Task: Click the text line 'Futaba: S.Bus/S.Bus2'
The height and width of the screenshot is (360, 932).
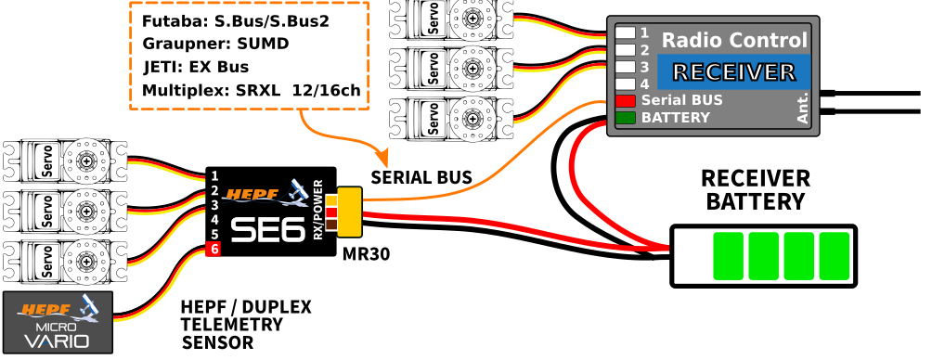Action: point(236,19)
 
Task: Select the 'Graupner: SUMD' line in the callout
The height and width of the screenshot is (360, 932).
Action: point(215,44)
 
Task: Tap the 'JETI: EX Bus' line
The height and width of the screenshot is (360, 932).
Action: point(195,67)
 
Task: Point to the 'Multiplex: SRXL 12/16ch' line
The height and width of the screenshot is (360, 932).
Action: point(251,91)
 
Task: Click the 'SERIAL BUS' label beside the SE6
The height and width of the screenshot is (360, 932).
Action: point(421,177)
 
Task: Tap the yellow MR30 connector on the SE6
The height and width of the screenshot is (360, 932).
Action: point(350,212)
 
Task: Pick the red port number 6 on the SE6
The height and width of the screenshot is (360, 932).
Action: point(214,250)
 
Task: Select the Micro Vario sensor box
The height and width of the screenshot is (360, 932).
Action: point(58,322)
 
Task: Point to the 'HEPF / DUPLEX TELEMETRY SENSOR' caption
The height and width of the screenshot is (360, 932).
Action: point(245,325)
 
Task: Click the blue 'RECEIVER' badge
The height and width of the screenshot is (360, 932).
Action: point(733,72)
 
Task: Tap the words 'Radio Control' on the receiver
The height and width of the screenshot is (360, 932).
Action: point(733,41)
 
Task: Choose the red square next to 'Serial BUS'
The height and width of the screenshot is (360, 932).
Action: point(625,100)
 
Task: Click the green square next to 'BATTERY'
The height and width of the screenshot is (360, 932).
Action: point(625,118)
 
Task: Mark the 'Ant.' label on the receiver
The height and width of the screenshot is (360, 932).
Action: point(803,108)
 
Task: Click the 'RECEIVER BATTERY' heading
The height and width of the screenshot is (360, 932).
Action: point(755,189)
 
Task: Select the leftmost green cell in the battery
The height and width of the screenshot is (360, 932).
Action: point(728,256)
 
